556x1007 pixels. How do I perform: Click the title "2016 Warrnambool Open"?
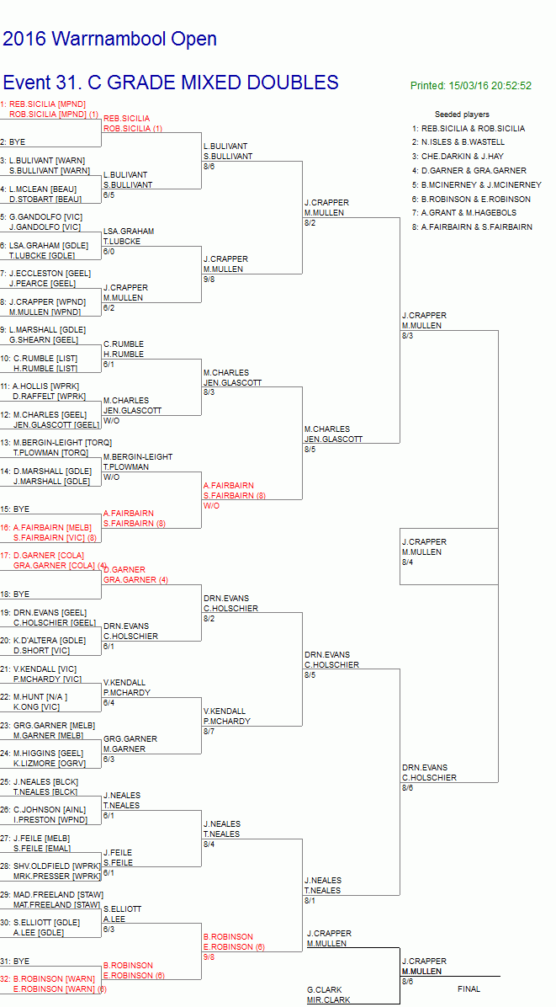[109, 40]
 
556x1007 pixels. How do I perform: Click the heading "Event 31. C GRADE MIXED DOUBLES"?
[171, 83]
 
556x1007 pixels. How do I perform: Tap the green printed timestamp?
[471, 85]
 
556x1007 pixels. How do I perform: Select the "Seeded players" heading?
[462, 115]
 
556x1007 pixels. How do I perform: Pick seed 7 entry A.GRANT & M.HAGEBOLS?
[464, 212]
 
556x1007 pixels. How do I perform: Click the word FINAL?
[469, 989]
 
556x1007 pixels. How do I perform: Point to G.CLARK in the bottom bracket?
[325, 989]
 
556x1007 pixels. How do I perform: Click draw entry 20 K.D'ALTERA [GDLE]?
[44, 640]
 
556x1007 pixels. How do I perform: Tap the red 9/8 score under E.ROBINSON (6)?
[209, 957]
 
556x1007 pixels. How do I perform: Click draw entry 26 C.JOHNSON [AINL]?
[44, 810]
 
